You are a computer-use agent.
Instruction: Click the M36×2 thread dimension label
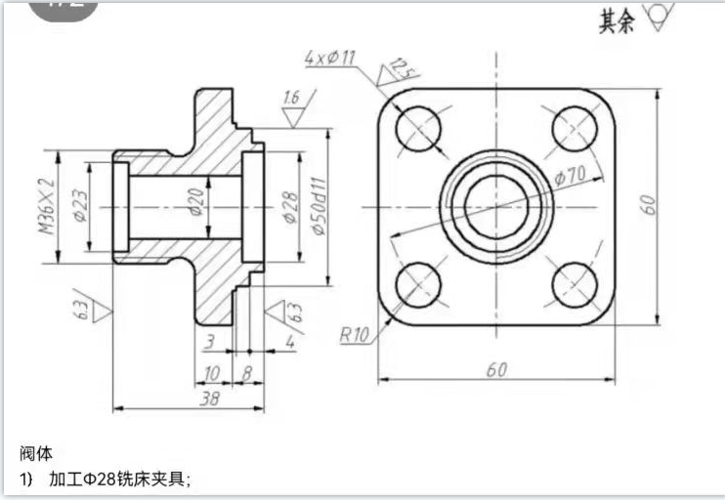(46, 207)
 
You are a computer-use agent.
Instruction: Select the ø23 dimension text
(79, 207)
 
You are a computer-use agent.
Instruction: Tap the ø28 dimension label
(289, 207)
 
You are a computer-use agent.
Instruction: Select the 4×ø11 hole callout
(330, 58)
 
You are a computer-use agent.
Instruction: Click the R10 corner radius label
(353, 335)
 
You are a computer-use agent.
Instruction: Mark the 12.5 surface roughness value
(399, 67)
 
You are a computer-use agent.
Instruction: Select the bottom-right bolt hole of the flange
(575, 284)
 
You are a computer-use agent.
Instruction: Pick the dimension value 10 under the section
(211, 372)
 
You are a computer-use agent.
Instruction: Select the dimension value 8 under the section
(246, 372)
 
